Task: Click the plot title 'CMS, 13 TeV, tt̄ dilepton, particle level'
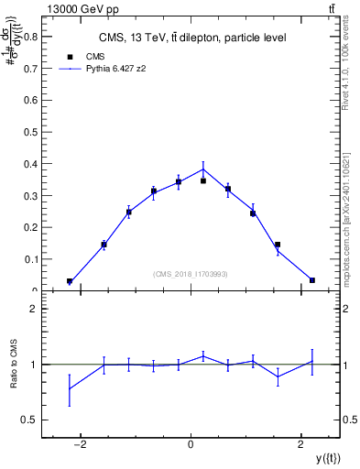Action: tap(192, 38)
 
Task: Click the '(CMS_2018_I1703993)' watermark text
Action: tap(191, 273)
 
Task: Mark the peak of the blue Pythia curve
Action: tap(203, 168)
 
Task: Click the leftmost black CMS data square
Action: tap(70, 281)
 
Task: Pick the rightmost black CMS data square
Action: tap(312, 280)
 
